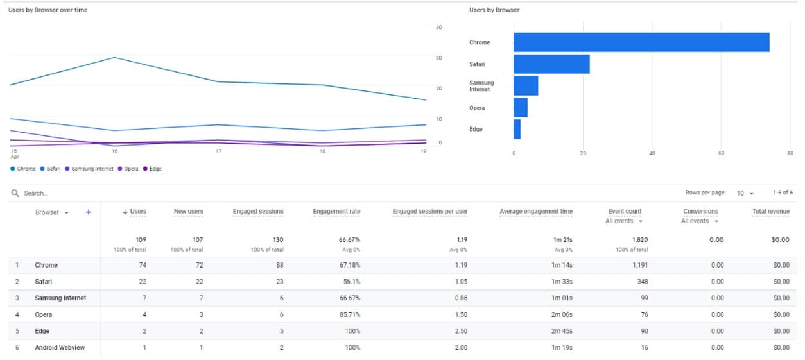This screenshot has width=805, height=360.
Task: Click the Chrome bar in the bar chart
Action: coord(641,42)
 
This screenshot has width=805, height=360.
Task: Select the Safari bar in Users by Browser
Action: coord(551,64)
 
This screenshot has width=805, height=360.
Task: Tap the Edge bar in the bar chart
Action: coord(517,129)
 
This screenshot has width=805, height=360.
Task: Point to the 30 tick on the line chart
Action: coord(439,58)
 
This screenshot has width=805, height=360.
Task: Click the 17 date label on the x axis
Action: coord(218,151)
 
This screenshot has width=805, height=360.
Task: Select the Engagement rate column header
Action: coord(336,212)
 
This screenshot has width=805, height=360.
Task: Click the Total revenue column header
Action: coord(770,211)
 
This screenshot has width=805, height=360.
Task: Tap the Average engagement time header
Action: coord(535,212)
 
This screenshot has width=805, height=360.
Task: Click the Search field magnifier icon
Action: coord(15,193)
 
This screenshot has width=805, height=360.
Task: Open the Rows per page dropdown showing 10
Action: coord(745,193)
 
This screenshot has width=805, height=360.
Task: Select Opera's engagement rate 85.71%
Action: coord(350,314)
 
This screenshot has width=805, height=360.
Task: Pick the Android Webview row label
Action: coord(59,348)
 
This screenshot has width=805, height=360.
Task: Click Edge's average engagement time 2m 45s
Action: coord(562,331)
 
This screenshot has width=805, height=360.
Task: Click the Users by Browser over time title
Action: coord(48,10)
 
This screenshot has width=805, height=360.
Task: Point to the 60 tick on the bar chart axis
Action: coord(721,153)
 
